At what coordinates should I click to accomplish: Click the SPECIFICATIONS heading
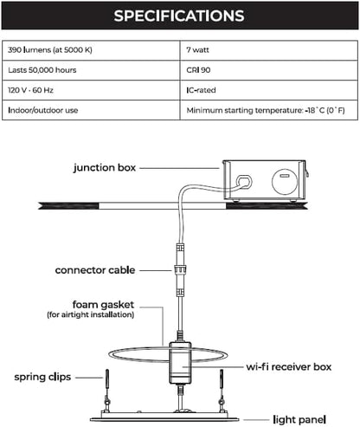click(179, 16)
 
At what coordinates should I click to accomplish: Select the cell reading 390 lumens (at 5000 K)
click(91, 50)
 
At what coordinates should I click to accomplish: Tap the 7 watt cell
click(269, 50)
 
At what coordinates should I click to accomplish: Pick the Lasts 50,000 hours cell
click(91, 70)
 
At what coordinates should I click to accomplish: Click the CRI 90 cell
click(269, 70)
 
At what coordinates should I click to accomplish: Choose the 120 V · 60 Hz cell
click(91, 90)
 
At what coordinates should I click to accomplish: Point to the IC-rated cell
click(269, 90)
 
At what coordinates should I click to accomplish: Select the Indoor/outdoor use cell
click(91, 110)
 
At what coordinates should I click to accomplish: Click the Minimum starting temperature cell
click(269, 110)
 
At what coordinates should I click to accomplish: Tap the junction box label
click(105, 168)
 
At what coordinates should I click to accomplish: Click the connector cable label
click(95, 270)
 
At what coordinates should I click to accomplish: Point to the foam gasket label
click(103, 305)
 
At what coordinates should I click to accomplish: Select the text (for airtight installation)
click(91, 314)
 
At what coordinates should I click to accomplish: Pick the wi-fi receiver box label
click(289, 367)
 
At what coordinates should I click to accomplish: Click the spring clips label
click(42, 377)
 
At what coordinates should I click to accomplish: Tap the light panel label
click(299, 419)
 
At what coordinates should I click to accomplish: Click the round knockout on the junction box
click(285, 182)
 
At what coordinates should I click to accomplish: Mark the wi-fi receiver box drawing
click(180, 363)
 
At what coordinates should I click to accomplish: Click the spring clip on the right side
click(222, 388)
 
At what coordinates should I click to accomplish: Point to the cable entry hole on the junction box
click(244, 182)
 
